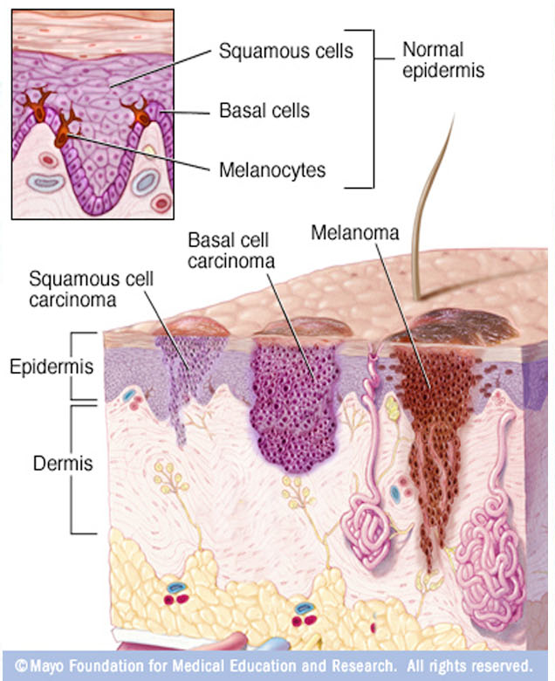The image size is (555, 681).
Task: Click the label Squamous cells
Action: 284,51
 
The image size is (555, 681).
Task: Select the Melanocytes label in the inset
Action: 271,169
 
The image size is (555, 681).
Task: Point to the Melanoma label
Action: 354,233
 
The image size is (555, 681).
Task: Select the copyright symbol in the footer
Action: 21,664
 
